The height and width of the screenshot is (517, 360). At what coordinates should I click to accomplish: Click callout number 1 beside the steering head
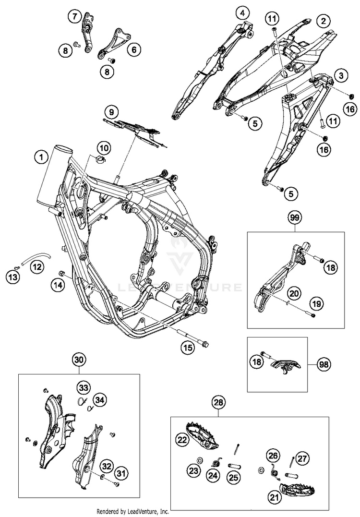click(x=42, y=156)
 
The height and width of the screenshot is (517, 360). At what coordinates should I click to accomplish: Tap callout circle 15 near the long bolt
click(x=188, y=347)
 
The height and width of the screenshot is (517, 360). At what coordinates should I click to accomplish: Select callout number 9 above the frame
click(x=111, y=113)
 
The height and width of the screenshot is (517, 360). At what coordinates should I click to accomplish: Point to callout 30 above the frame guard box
click(x=80, y=360)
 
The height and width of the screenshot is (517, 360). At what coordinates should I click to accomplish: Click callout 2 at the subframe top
click(x=324, y=21)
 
